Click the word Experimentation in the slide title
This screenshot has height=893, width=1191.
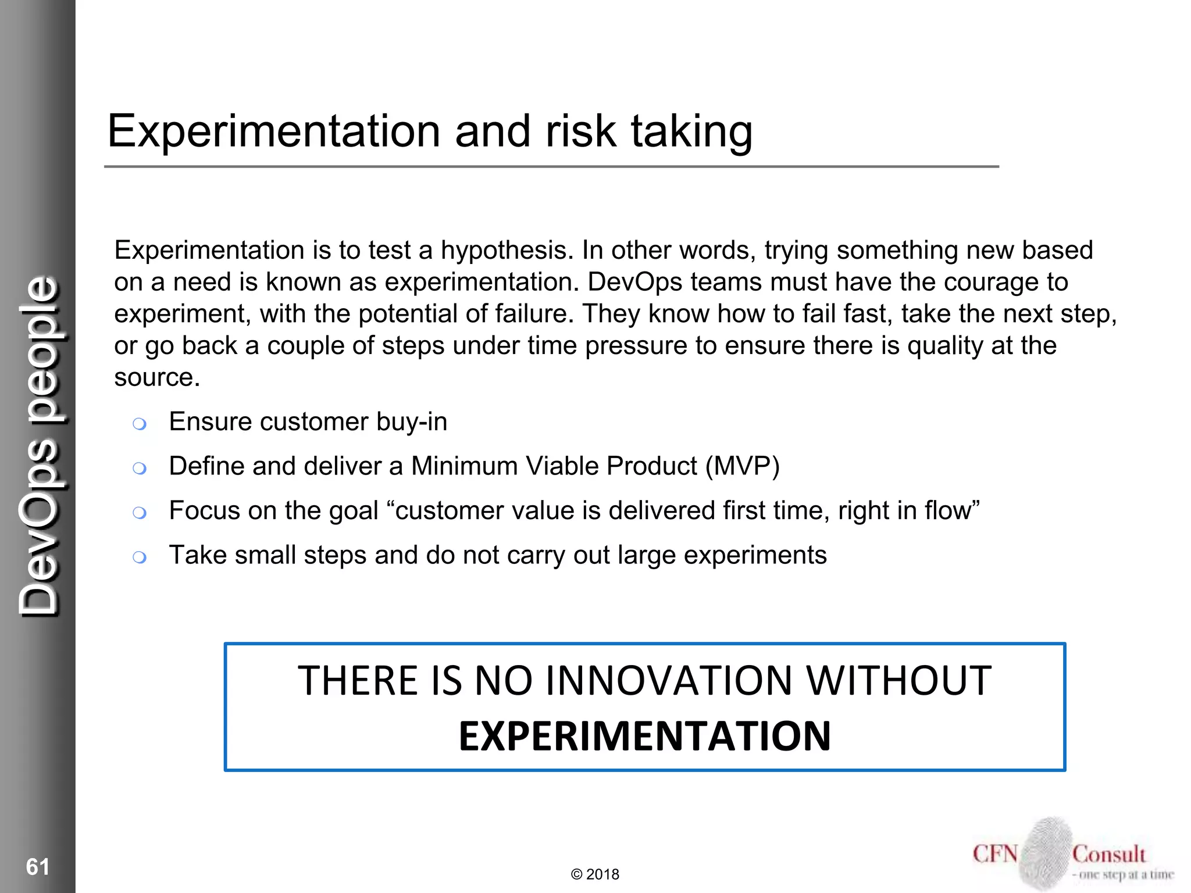(273, 131)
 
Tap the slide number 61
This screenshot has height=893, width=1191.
(38, 866)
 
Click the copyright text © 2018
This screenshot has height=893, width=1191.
(595, 874)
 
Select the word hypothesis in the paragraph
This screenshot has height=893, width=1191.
(507, 251)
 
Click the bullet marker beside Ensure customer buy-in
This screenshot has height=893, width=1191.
(139, 424)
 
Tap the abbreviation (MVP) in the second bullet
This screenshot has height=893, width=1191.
(742, 466)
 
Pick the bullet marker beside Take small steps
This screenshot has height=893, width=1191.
(139, 558)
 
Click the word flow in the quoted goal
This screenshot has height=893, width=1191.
(948, 510)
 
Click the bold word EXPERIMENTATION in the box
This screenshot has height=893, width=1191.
(644, 736)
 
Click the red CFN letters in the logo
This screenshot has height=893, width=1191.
(995, 854)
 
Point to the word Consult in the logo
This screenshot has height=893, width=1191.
(1108, 854)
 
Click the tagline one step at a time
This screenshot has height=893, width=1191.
(1124, 874)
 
